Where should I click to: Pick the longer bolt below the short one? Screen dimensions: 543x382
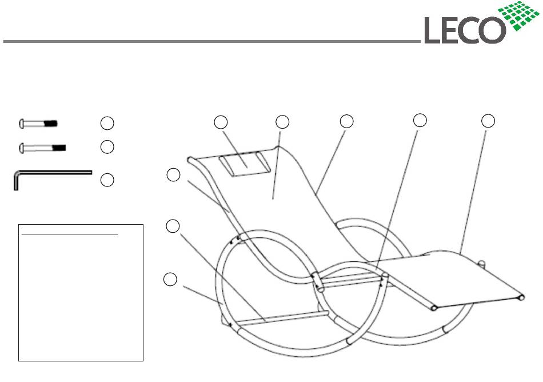click(43, 147)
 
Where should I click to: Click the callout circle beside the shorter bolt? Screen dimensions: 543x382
click(106, 122)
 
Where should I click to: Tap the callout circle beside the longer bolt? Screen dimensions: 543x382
click(106, 147)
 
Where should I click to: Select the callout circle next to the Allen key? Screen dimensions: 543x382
click(106, 180)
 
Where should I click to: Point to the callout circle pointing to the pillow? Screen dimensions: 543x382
click(221, 121)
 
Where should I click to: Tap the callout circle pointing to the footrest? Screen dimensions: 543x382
click(487, 121)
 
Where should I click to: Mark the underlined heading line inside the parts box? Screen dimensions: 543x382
click(69, 234)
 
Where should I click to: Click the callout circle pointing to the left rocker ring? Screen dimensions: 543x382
click(170, 279)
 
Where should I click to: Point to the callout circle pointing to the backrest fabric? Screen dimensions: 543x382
click(282, 121)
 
